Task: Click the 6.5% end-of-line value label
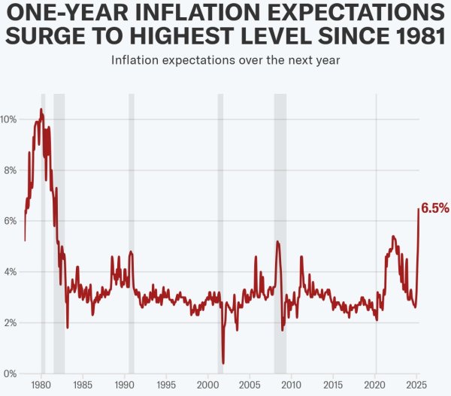(434, 208)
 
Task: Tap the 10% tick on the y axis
(9, 119)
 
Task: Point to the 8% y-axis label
(9, 171)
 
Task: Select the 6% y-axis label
(9, 221)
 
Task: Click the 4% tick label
(9, 272)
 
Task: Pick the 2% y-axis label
(9, 323)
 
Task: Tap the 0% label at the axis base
(9, 373)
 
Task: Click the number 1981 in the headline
(411, 36)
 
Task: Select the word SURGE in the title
(51, 36)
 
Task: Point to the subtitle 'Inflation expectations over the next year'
(225, 60)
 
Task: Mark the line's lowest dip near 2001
(223, 363)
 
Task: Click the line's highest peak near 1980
(41, 110)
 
